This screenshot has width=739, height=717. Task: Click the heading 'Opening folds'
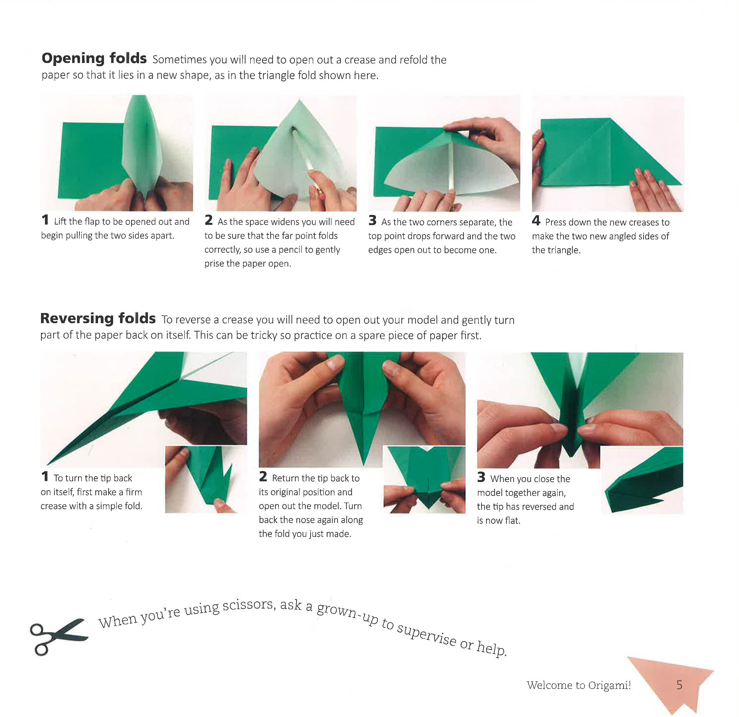[94, 59]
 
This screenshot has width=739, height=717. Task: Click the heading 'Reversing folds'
[98, 319]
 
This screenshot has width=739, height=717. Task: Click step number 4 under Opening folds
[536, 221]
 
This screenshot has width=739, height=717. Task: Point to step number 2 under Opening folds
[208, 220]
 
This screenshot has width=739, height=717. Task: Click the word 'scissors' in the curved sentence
[247, 606]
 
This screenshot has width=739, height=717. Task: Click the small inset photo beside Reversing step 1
[205, 479]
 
